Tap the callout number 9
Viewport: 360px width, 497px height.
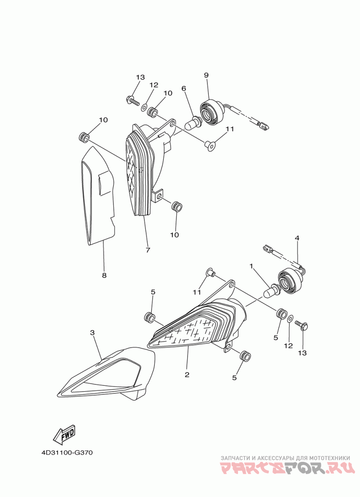click(206, 75)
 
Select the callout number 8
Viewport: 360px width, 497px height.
click(104, 275)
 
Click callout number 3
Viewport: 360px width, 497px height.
click(92, 333)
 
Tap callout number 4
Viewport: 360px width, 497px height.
click(297, 237)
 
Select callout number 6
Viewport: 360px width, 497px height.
click(184, 88)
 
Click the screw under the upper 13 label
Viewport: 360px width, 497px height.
click(132, 99)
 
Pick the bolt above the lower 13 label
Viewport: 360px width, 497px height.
click(301, 324)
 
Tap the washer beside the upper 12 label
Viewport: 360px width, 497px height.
click(144, 108)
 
